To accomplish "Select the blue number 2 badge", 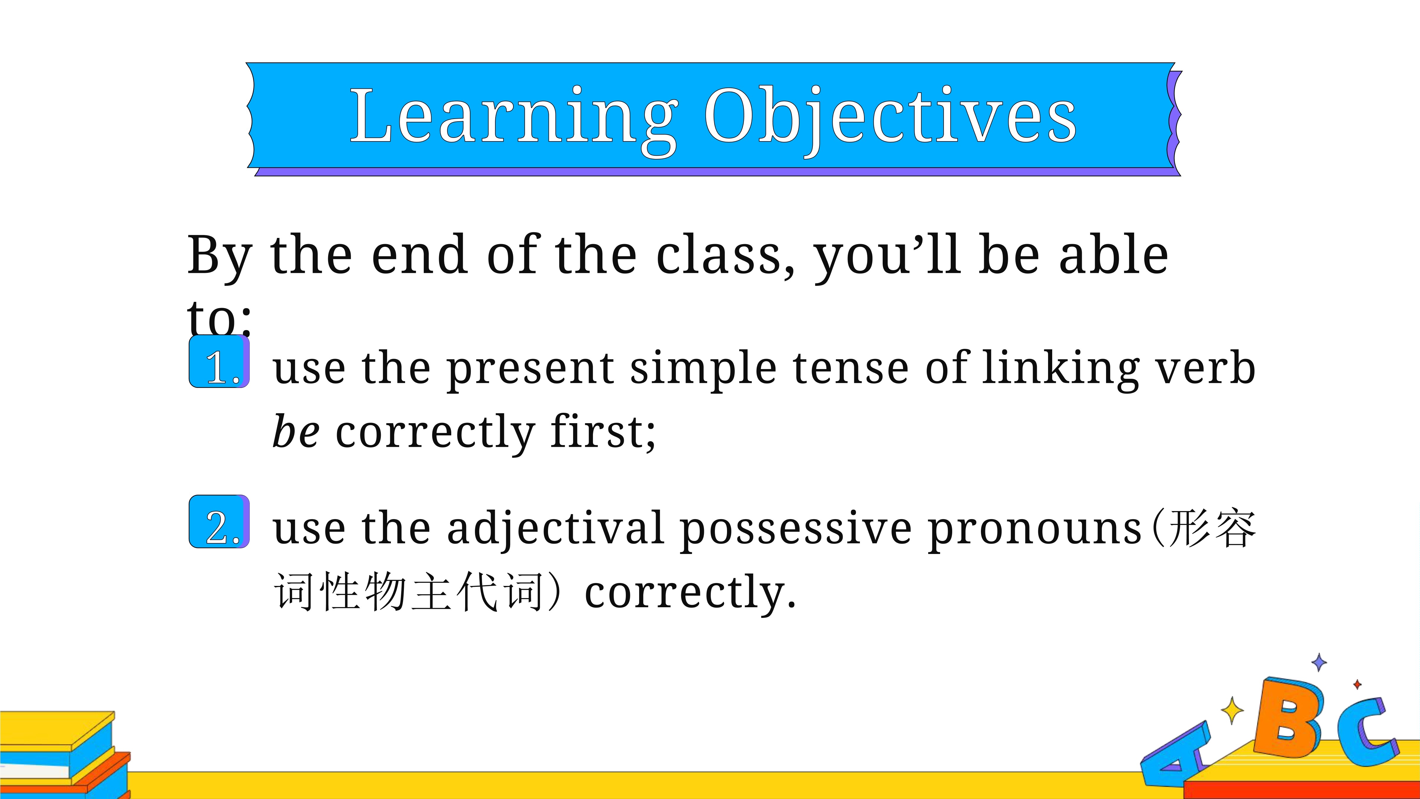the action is coord(219,522).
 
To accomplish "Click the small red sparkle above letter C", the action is coord(1357,684).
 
